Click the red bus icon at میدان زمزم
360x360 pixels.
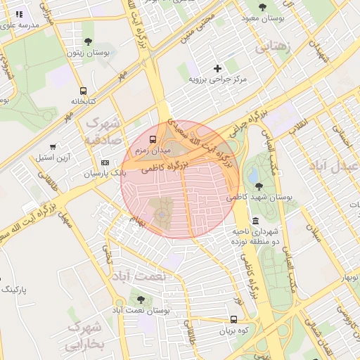(153, 139)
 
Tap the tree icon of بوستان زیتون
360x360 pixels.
(88, 41)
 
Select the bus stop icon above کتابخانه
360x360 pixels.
(84, 91)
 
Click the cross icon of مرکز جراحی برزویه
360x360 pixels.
(217, 68)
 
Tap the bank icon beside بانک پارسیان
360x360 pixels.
(105, 162)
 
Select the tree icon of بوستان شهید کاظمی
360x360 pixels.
(259, 186)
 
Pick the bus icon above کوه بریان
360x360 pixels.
(233, 319)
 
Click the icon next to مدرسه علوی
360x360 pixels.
(19, 13)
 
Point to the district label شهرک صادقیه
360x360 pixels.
(103, 131)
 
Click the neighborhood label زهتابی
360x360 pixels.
(271, 48)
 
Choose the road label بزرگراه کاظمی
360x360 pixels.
(162, 170)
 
